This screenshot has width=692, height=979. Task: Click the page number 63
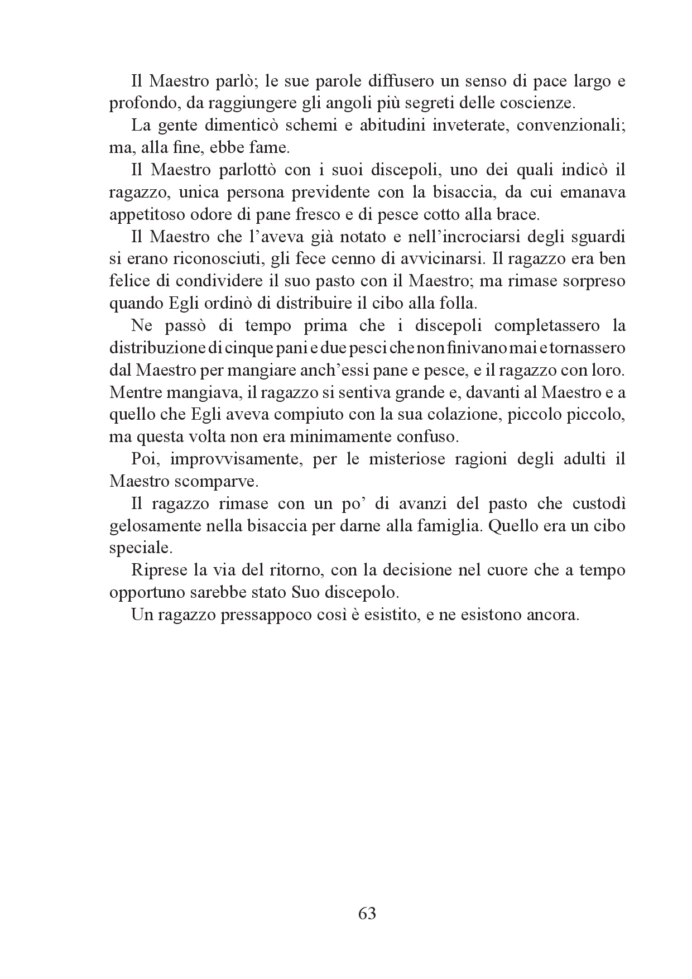coord(367,914)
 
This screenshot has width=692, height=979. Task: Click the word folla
coord(460,303)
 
